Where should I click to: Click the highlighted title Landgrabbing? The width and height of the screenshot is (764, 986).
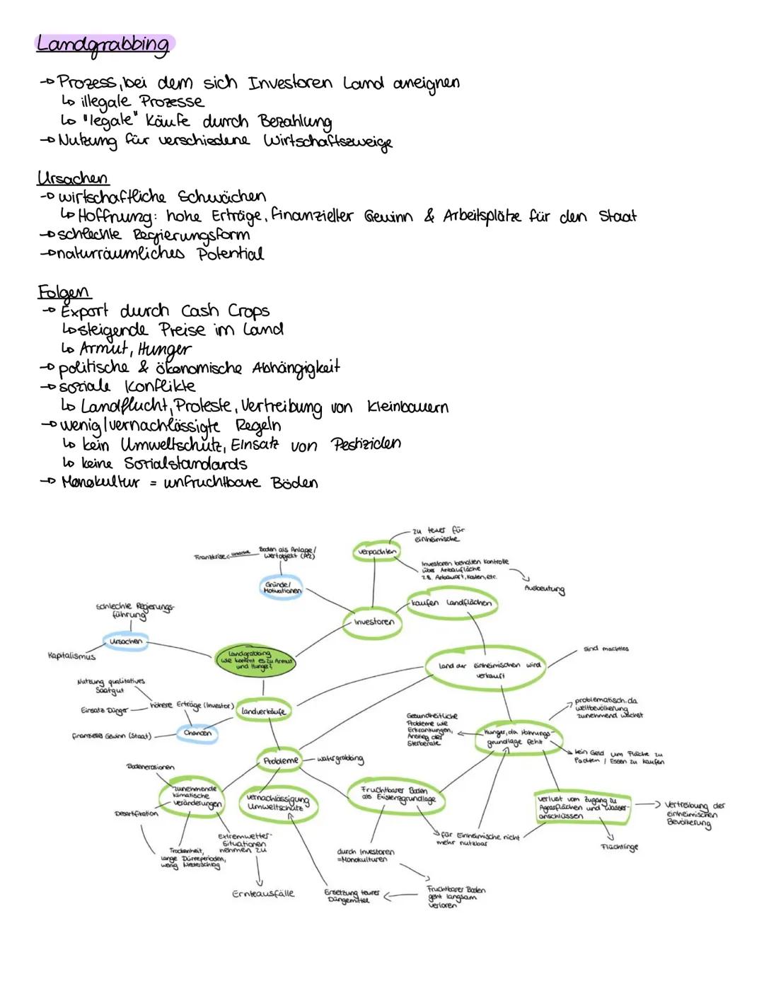[103, 45]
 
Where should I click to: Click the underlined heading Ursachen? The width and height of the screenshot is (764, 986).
[72, 177]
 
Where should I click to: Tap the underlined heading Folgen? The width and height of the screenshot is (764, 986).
[64, 291]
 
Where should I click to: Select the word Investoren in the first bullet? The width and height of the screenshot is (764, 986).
[289, 83]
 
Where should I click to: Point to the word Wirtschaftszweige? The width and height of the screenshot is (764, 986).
[328, 141]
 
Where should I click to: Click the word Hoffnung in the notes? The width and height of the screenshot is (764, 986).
[118, 216]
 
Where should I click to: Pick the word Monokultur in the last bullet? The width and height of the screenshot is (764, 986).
[101, 482]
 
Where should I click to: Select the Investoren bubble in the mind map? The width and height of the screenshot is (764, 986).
[374, 622]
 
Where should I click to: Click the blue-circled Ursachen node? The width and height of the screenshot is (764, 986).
[126, 642]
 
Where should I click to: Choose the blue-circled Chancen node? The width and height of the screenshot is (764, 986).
[197, 733]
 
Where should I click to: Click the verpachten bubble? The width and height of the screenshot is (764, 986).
[375, 551]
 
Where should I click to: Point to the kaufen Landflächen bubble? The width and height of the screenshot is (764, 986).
[451, 603]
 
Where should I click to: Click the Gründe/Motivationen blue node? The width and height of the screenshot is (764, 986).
[282, 588]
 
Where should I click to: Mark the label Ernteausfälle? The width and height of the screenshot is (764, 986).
[263, 894]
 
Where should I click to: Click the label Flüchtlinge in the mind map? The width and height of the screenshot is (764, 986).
[619, 847]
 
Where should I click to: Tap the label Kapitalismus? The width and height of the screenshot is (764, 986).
[71, 656]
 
